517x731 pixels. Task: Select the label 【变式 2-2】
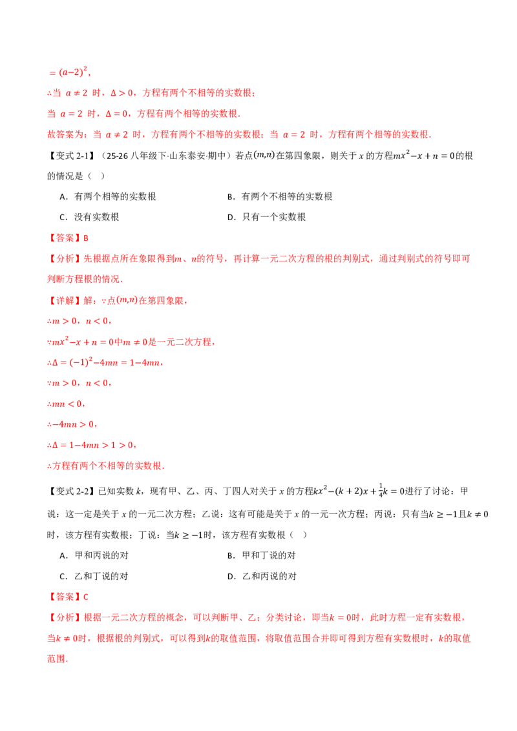71,491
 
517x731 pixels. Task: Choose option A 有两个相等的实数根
108,197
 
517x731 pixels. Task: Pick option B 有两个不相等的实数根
280,197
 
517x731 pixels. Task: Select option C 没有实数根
89,217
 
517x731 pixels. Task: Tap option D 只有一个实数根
266,217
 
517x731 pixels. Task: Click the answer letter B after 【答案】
86,238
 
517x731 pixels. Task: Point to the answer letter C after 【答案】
86,597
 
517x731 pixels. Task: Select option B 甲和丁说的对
261,556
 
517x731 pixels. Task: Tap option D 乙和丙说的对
262,577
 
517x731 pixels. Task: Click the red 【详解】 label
65,301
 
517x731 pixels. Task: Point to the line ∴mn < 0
66,404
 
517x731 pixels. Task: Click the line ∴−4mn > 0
72,425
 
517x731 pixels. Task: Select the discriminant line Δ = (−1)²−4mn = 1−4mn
105,362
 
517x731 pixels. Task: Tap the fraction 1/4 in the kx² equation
380,490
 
